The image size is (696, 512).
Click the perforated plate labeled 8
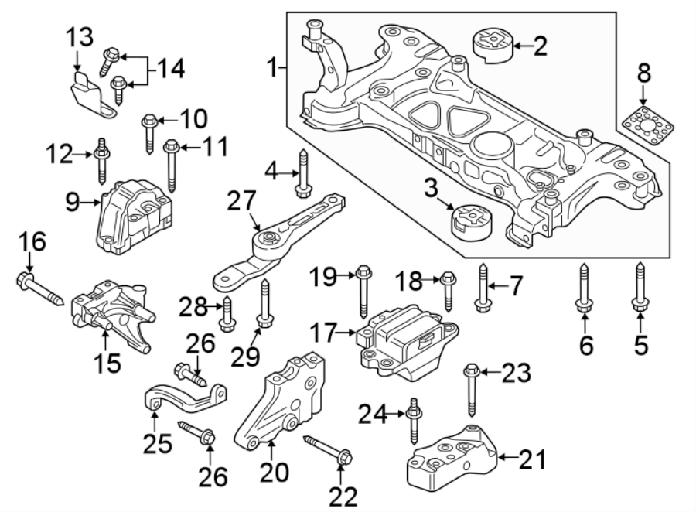[646, 124]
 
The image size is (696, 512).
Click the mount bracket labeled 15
[112, 313]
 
